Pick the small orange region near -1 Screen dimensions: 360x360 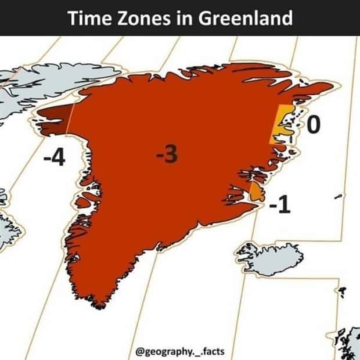point(254,191)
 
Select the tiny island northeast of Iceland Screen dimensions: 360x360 point(337,199)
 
